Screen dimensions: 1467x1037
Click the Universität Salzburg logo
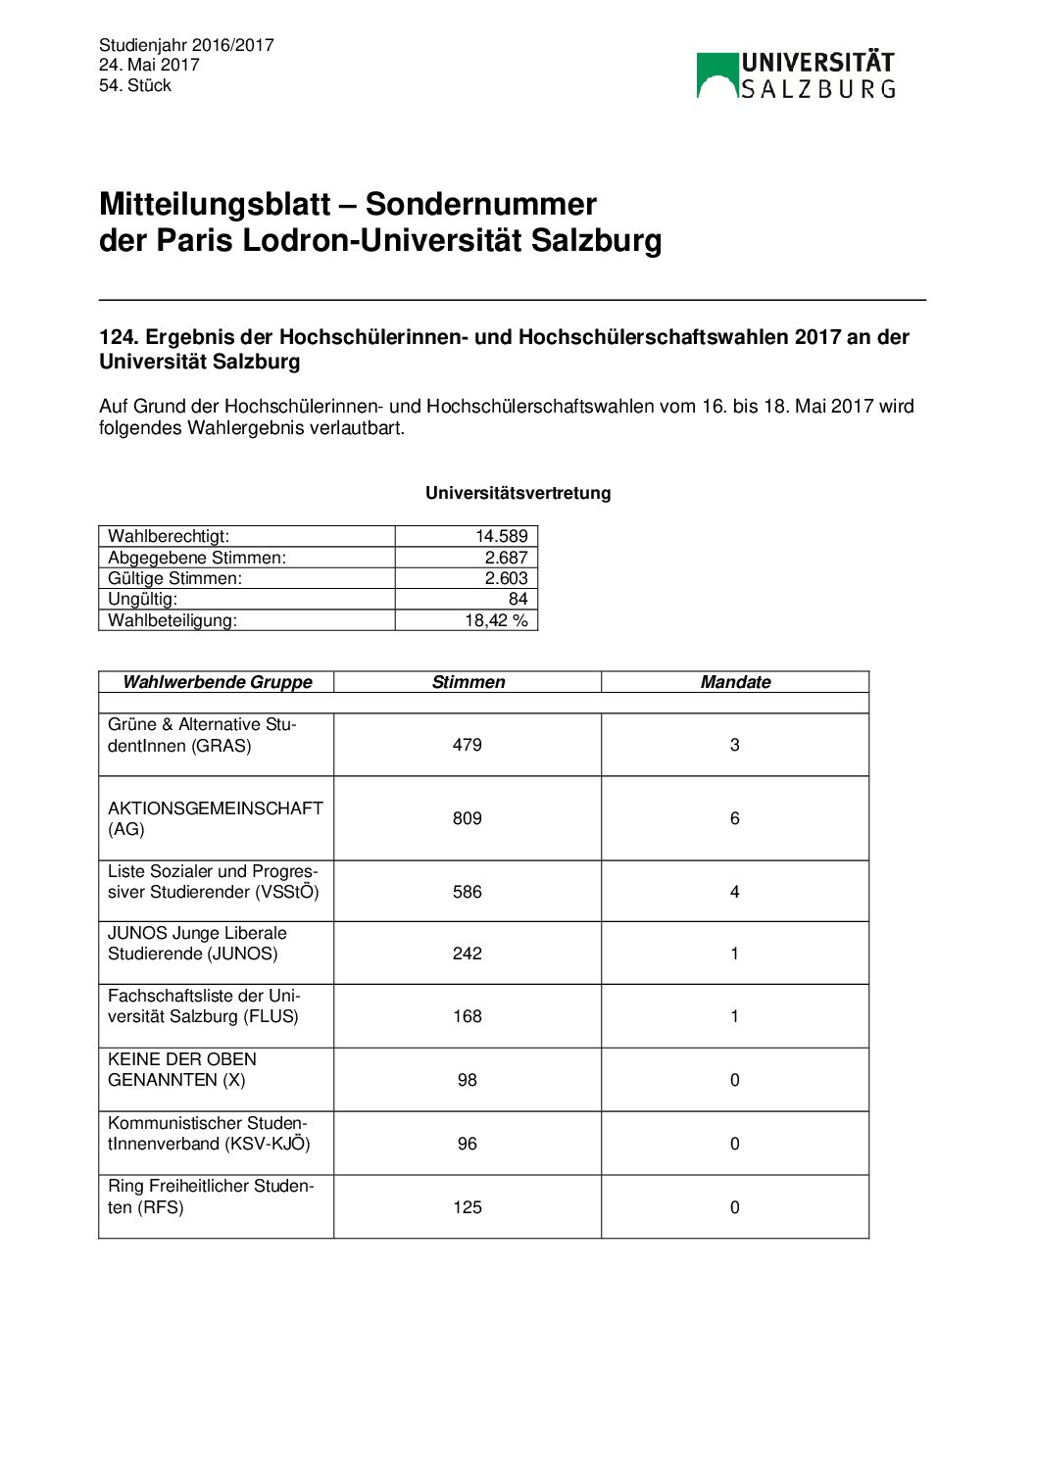(x=796, y=75)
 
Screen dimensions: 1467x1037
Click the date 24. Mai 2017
(x=149, y=65)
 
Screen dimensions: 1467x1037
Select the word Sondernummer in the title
(x=480, y=204)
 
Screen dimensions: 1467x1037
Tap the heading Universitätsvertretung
(x=518, y=493)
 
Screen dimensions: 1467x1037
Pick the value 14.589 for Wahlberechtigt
(x=501, y=536)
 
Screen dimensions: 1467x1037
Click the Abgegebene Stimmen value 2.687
(x=506, y=558)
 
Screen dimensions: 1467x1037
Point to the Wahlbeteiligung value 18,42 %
(x=496, y=620)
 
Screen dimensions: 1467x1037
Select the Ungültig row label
(x=143, y=599)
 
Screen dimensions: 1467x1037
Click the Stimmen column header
(x=468, y=682)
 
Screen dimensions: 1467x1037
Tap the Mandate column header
(x=735, y=682)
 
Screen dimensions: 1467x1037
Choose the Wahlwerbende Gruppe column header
(x=218, y=682)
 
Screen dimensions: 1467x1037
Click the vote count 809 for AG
(x=468, y=818)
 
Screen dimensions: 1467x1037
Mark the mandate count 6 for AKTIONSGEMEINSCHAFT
(x=735, y=818)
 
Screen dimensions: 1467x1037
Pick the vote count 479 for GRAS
(x=468, y=745)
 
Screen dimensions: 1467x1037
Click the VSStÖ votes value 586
(x=468, y=892)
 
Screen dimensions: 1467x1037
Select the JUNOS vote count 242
(x=468, y=954)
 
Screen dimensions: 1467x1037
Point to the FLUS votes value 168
(x=468, y=1016)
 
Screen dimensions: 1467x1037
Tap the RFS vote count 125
(x=468, y=1207)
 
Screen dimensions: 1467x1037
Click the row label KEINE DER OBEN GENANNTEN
(x=182, y=1069)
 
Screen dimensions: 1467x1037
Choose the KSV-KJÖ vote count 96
(x=468, y=1144)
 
